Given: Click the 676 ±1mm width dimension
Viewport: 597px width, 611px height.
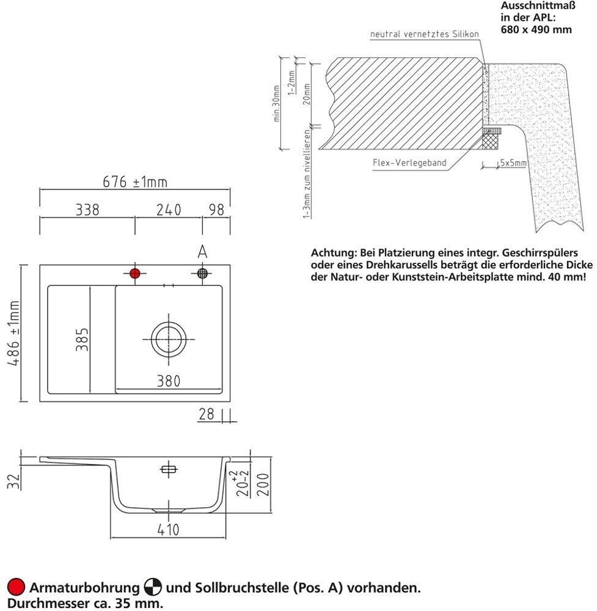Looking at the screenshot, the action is [134, 181].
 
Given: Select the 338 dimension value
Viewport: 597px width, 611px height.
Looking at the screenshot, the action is [87, 210].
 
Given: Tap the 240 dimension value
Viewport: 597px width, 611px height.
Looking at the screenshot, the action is [169, 210].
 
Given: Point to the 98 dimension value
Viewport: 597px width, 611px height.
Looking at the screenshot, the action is [216, 210].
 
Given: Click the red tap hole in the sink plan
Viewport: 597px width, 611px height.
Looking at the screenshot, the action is [135, 273].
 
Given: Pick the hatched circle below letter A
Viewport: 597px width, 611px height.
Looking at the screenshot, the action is [203, 273].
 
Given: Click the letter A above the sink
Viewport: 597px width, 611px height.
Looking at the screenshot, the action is [203, 251].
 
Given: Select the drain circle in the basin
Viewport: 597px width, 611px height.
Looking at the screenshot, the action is [168, 338].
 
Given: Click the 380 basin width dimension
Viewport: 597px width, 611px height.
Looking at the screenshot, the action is [168, 381].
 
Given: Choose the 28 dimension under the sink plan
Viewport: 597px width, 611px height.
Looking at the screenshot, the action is [206, 414].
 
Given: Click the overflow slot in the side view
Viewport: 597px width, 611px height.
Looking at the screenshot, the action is [168, 470].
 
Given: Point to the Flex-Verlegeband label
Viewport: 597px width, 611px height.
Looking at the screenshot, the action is [409, 163].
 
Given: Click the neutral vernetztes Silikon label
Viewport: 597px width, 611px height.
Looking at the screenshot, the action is [425, 34].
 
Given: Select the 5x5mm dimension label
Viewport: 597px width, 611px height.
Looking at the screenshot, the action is [513, 163].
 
